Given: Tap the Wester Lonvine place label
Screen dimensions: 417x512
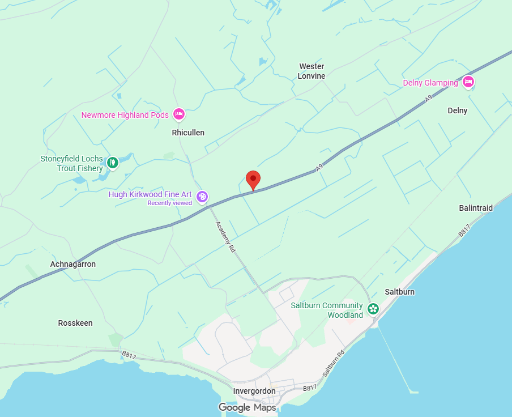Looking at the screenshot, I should pos(312,71).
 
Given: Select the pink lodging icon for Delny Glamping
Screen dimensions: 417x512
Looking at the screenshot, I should pos(468,83).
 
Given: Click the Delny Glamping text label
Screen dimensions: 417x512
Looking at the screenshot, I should pos(430,83).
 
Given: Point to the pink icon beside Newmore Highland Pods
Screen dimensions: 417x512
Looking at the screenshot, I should pos(178,114).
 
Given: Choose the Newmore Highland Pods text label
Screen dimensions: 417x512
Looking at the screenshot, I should pos(125,115).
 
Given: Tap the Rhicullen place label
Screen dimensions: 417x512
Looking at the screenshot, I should pos(188,133).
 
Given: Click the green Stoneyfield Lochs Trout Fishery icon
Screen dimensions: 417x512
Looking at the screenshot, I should pos(113,163).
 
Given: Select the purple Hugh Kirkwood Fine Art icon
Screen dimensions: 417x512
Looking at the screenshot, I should pos(202,197).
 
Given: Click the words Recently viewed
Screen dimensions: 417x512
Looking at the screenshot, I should pos(170,203).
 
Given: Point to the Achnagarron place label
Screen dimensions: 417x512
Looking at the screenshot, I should pos(73,264).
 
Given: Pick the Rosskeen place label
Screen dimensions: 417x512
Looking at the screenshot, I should pos(75,323).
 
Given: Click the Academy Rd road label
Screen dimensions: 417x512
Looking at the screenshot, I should pos(224,236).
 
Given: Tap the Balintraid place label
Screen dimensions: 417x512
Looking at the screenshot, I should pos(476,208).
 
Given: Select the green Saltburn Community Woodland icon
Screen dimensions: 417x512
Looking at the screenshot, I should pos(373,309).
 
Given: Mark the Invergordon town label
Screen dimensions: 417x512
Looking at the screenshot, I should pos(254,391).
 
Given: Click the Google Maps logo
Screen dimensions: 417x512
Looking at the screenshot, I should pos(248,407).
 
